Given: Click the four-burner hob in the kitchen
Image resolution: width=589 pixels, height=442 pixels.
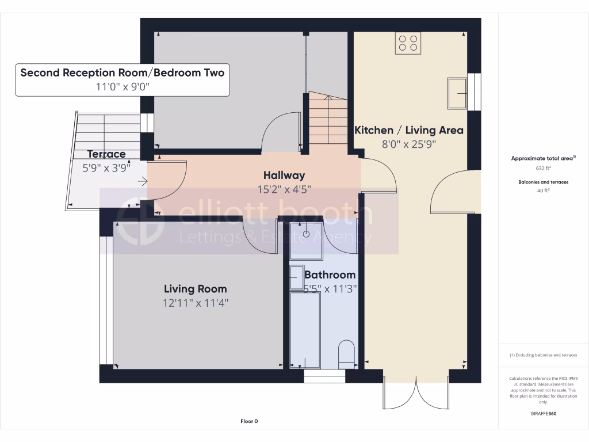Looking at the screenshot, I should click(408, 44).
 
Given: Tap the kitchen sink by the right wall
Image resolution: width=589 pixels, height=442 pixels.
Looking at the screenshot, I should click(458, 93).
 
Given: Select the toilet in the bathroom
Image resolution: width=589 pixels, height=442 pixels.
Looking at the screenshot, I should click(347, 354).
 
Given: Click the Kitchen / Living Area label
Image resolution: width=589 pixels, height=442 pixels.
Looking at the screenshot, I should click(408, 130).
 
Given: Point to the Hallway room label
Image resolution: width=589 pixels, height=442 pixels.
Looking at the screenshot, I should click(284, 175).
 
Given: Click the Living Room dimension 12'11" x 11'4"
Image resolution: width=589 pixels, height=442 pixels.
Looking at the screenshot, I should click(196, 303).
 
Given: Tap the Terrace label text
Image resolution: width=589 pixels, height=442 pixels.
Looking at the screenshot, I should click(106, 154).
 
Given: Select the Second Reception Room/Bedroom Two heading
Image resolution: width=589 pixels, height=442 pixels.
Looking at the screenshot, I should click(122, 73).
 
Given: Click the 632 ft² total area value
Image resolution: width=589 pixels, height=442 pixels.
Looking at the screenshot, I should click(543, 169).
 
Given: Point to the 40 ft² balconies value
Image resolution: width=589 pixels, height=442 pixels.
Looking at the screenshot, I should click(543, 190).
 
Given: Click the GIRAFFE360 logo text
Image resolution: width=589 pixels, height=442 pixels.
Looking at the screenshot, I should click(543, 413).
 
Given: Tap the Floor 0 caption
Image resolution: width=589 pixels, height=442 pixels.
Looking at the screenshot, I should click(249, 421).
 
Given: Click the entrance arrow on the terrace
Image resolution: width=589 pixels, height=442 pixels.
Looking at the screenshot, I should click(142, 182).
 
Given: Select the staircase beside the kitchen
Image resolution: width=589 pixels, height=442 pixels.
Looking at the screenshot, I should click(328, 119).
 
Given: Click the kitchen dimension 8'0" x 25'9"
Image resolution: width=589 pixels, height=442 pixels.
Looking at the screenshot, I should click(409, 144).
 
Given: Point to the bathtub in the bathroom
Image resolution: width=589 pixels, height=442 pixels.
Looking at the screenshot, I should click(305, 329).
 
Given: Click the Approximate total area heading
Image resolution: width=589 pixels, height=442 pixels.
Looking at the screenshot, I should click(543, 158).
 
